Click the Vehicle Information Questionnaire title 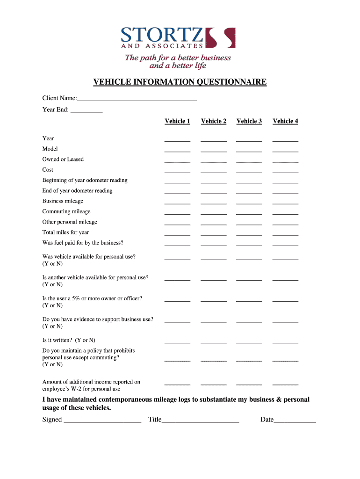pyautogui.click(x=180, y=82)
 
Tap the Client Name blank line pyautogui.click(x=137, y=99)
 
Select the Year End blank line pyautogui.click(x=86, y=111)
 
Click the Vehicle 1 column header pyautogui.click(x=177, y=121)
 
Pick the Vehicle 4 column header pyautogui.click(x=285, y=121)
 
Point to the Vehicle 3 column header pyautogui.click(x=249, y=121)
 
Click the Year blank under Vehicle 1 pyautogui.click(x=177, y=140)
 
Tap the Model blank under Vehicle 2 pyautogui.click(x=214, y=150)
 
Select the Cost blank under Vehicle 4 pyautogui.click(x=285, y=171)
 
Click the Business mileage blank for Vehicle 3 pyautogui.click(x=249, y=203)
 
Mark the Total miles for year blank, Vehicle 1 pyautogui.click(x=177, y=234)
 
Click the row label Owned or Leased pyautogui.click(x=63, y=160)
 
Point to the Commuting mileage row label pyautogui.click(x=66, y=211)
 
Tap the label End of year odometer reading pyautogui.click(x=77, y=191)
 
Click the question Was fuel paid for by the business pyautogui.click(x=83, y=243)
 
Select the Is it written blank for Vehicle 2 pyautogui.click(x=214, y=342)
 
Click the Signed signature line pyautogui.click(x=102, y=421)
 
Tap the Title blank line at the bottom pyautogui.click(x=201, y=421)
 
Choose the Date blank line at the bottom pyautogui.click(x=295, y=421)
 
